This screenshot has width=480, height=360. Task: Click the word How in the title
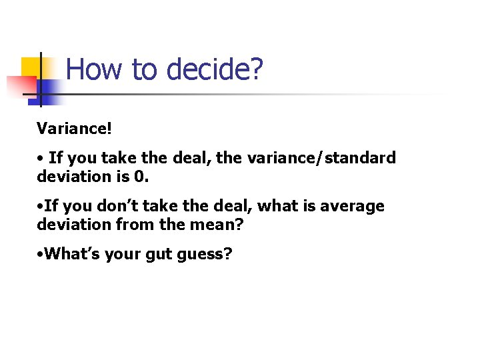point(91,69)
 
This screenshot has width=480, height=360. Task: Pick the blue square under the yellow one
point(49,92)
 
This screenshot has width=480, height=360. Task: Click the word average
point(352,207)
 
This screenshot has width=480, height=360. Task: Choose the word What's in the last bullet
point(70,255)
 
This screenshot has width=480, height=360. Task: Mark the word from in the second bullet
point(137,225)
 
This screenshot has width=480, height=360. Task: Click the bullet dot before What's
point(41,255)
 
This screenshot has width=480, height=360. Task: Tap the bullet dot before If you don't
point(41,207)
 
